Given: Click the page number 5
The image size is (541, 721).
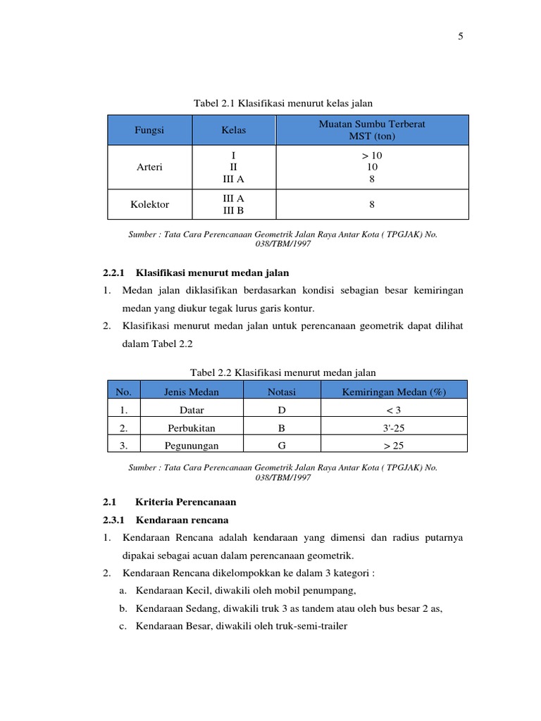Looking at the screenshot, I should point(460,37).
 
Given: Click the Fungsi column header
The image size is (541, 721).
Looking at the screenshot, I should point(149,130).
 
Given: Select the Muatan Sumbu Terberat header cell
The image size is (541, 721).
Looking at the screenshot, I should point(372,130).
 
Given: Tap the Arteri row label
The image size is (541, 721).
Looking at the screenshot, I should point(149,167).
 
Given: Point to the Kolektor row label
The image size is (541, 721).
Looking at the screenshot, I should point(149,204).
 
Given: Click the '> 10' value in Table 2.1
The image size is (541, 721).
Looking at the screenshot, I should point(372,155).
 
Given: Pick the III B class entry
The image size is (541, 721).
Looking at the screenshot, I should point(233,211).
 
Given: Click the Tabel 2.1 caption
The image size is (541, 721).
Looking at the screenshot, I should point(282,104).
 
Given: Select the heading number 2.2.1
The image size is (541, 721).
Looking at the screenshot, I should point(113,272).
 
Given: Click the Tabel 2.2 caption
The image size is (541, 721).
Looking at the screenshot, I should point(283,372).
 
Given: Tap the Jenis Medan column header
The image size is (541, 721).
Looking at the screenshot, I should point(191,392).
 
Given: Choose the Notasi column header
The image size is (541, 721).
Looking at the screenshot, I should point(282,392).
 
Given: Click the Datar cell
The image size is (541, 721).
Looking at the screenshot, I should point(192,410).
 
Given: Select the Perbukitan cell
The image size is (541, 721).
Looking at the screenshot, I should point(192,427).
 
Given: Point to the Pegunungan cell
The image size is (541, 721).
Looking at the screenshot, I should point(192,445).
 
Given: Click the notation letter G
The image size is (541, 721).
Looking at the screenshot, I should point(282,445).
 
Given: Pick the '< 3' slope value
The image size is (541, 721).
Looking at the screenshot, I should point(393,410).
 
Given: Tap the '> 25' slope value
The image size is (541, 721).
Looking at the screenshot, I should point(393,445).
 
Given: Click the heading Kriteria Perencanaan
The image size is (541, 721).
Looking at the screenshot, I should point(185,502).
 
